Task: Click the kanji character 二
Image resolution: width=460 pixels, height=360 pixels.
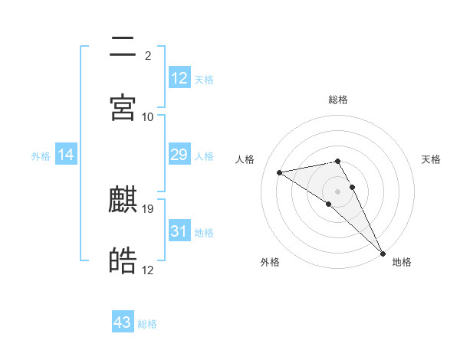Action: coord(123,47)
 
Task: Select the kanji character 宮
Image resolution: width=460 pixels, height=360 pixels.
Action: coord(123,108)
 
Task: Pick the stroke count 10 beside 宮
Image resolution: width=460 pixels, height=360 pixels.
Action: coord(148,116)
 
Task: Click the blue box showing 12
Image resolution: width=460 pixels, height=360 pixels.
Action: coord(179,78)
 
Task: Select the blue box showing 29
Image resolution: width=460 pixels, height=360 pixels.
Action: coord(179,155)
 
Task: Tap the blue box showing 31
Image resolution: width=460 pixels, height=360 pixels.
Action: coord(179,231)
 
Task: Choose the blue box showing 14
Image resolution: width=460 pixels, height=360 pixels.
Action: coord(66,155)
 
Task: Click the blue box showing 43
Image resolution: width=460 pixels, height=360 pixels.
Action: coord(123,323)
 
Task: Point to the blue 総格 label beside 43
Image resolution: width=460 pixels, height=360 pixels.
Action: coord(147,324)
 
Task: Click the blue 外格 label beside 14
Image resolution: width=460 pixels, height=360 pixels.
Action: coord(41,156)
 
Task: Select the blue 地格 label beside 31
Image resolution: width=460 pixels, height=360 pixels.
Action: coord(204,232)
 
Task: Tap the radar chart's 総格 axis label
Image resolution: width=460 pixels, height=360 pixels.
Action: coord(337,100)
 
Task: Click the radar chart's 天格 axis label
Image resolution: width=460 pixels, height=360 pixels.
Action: coord(431,159)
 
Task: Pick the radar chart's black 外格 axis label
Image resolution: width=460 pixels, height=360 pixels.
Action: coord(270,262)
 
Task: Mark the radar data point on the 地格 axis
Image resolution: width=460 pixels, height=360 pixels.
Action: coord(383,253)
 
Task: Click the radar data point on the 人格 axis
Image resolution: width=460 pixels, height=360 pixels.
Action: coord(280,172)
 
